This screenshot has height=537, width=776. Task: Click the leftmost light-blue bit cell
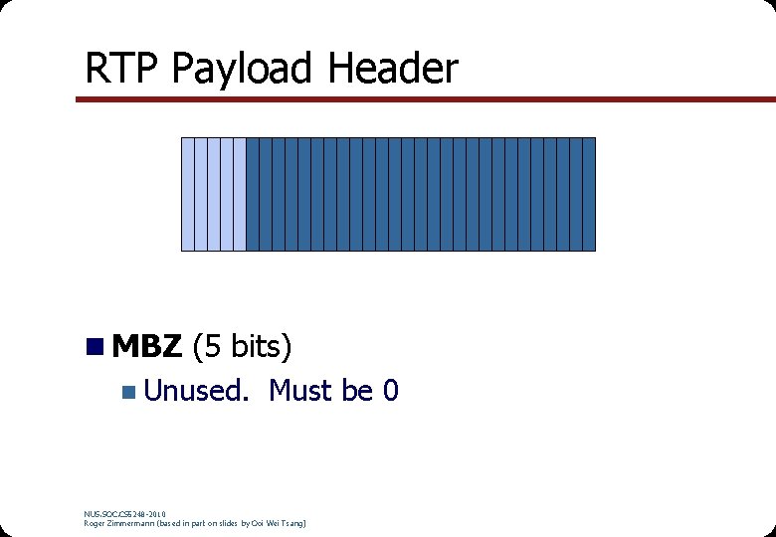point(187,194)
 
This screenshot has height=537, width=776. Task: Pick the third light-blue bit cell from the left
point(213,194)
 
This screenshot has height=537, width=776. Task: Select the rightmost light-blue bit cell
point(239,194)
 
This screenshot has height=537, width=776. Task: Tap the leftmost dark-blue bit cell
point(252,194)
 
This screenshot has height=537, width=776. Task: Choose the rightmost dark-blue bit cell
point(588,194)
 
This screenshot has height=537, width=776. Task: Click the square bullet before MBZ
point(95,346)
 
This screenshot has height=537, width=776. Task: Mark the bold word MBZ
point(147,346)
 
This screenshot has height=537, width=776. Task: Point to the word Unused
point(195,391)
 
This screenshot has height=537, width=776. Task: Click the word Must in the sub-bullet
point(299,391)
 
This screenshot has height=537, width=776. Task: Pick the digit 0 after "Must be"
point(391,391)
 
